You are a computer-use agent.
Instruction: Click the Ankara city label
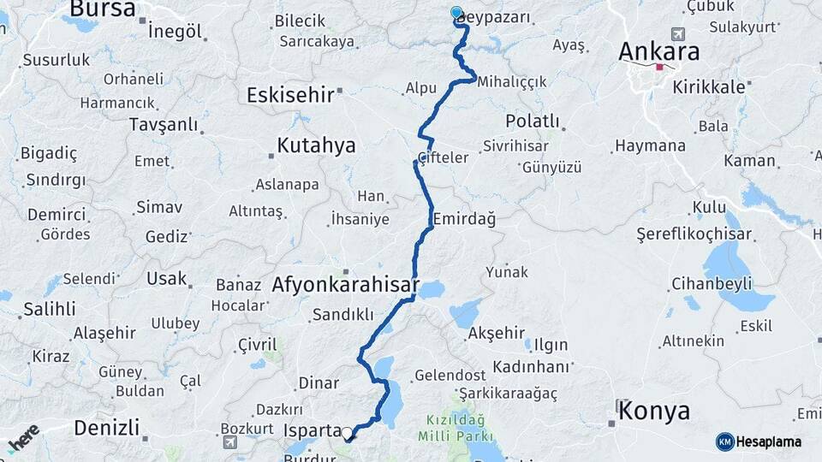pyautogui.click(x=658, y=51)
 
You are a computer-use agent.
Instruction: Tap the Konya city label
pyautogui.click(x=654, y=411)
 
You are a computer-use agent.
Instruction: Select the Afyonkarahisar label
pyautogui.click(x=345, y=285)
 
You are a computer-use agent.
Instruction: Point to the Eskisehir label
pyautogui.click(x=289, y=94)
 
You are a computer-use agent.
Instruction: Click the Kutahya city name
pyautogui.click(x=316, y=145)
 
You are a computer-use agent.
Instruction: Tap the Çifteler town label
pyautogui.click(x=443, y=157)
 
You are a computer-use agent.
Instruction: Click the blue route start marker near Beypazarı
pyautogui.click(x=456, y=13)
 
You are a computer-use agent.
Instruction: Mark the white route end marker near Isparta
pyautogui.click(x=348, y=433)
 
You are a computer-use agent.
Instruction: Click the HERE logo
pyautogui.click(x=23, y=438)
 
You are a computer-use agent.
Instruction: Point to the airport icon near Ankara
pyautogui.click(x=679, y=34)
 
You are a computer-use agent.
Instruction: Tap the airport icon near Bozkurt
pyautogui.click(x=230, y=442)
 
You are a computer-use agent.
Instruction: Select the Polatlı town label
pyautogui.click(x=532, y=121)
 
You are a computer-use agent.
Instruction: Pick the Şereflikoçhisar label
pyautogui.click(x=694, y=234)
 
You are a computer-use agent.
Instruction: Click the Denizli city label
pyautogui.click(x=106, y=427)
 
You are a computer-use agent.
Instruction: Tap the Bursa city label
pyautogui.click(x=102, y=9)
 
